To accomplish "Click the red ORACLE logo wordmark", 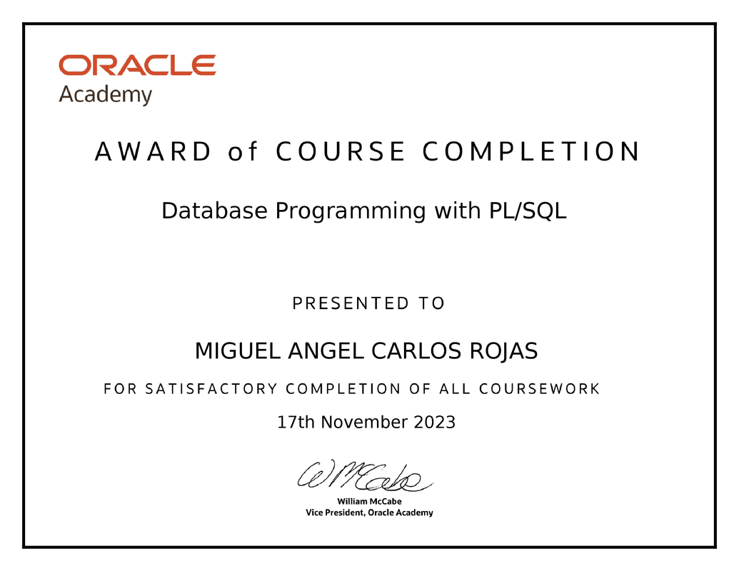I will coord(137,66).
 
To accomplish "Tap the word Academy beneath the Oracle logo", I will coord(105,95).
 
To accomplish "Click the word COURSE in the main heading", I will coord(340,152).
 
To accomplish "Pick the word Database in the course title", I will coord(215,211).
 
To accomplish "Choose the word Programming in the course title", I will coord(350,212).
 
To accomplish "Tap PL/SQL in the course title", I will coord(527,211).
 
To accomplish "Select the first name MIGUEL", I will coord(238,351).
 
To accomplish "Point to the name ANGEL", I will coord(328,351).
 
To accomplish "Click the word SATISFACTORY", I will coord(211,389).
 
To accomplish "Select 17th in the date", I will coord(296,422).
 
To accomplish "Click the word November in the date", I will coord(364,422).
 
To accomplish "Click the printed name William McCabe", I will coord(369,502).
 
